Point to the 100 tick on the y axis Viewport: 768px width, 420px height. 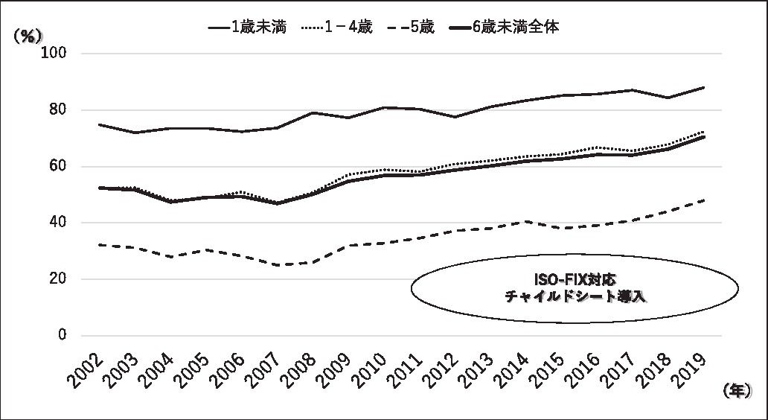pyautogui.click(x=57, y=54)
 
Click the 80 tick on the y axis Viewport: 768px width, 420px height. pyautogui.click(x=60, y=110)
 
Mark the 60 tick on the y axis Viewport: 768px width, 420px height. pyautogui.click(x=60, y=166)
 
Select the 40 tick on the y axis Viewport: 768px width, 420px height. pyautogui.click(x=60, y=223)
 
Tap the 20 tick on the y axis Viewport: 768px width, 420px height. pyautogui.click(x=60, y=279)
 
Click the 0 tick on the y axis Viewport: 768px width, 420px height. pyautogui.click(x=63, y=336)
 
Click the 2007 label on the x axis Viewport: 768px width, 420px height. pyautogui.click(x=266, y=368)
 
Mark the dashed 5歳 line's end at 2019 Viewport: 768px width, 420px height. pyautogui.click(x=704, y=200)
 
